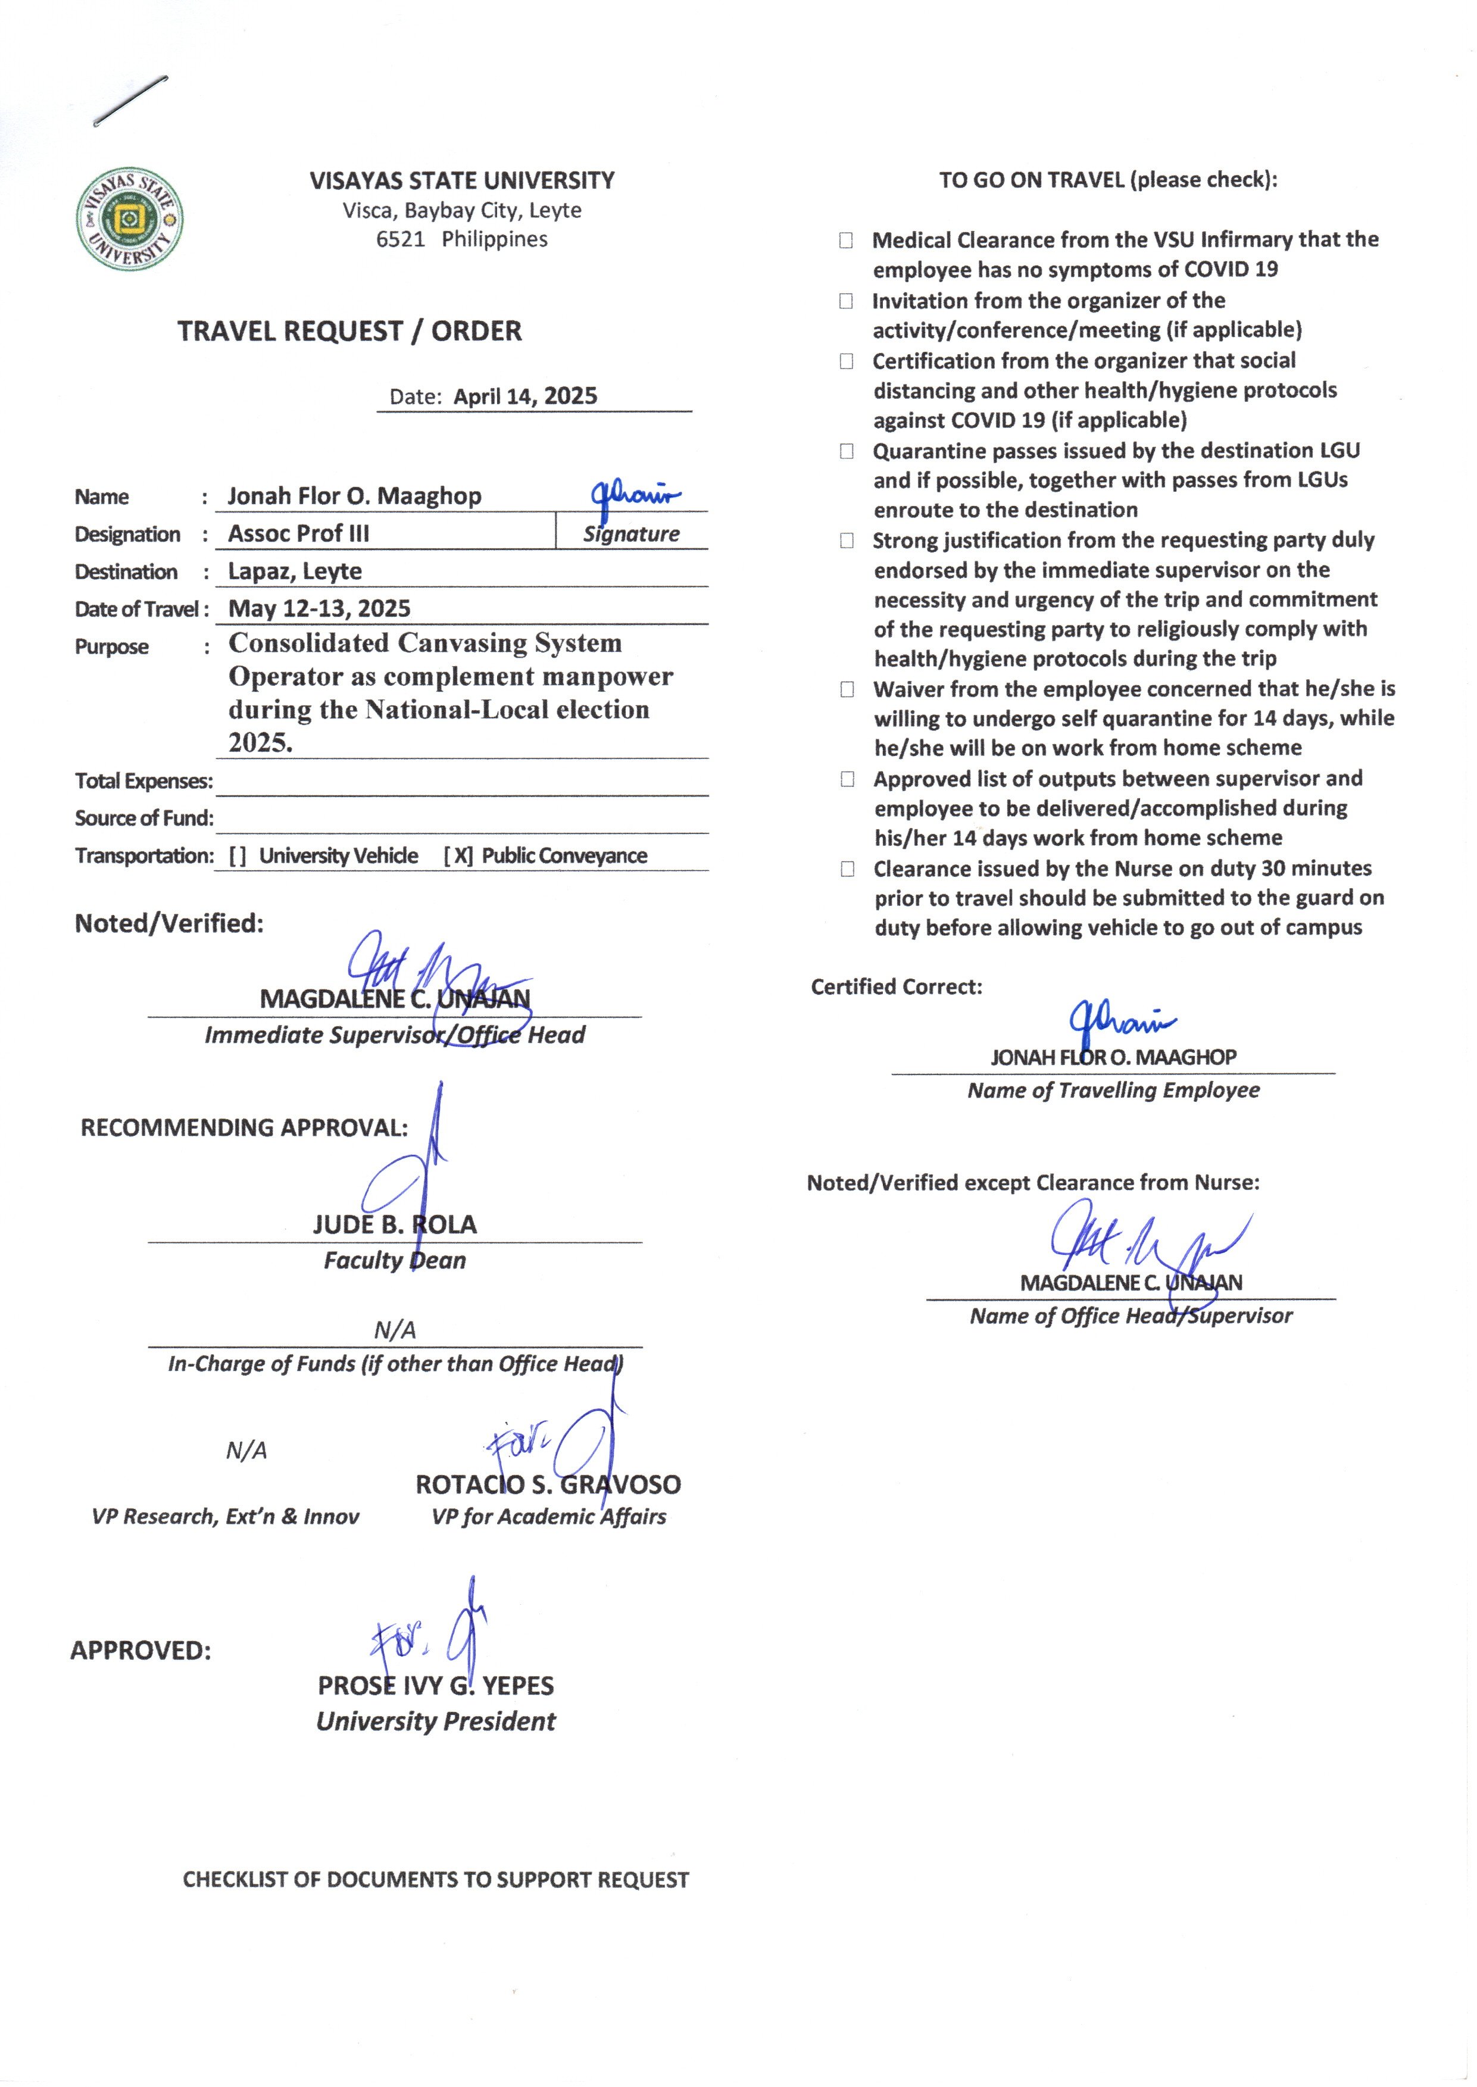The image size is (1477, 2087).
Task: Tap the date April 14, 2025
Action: (524, 396)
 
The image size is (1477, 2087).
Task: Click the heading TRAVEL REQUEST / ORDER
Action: (349, 331)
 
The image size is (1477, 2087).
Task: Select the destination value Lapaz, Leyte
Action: (295, 571)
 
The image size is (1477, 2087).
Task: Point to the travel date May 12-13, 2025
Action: (319, 608)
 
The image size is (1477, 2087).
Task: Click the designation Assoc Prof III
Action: (298, 534)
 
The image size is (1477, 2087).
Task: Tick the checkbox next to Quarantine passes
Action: (847, 451)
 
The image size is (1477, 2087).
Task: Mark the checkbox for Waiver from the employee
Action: (847, 689)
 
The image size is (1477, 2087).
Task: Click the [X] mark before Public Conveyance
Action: (458, 856)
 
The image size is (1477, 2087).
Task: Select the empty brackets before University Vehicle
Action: (238, 856)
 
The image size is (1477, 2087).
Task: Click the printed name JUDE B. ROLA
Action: (395, 1224)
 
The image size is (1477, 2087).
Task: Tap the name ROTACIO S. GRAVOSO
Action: (548, 1484)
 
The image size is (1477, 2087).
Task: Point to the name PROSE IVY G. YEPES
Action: (436, 1685)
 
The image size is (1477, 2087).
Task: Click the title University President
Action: (436, 1722)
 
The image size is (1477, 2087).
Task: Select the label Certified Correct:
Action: (896, 987)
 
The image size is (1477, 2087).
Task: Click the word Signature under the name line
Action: (631, 534)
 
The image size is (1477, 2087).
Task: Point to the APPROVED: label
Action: (141, 1651)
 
